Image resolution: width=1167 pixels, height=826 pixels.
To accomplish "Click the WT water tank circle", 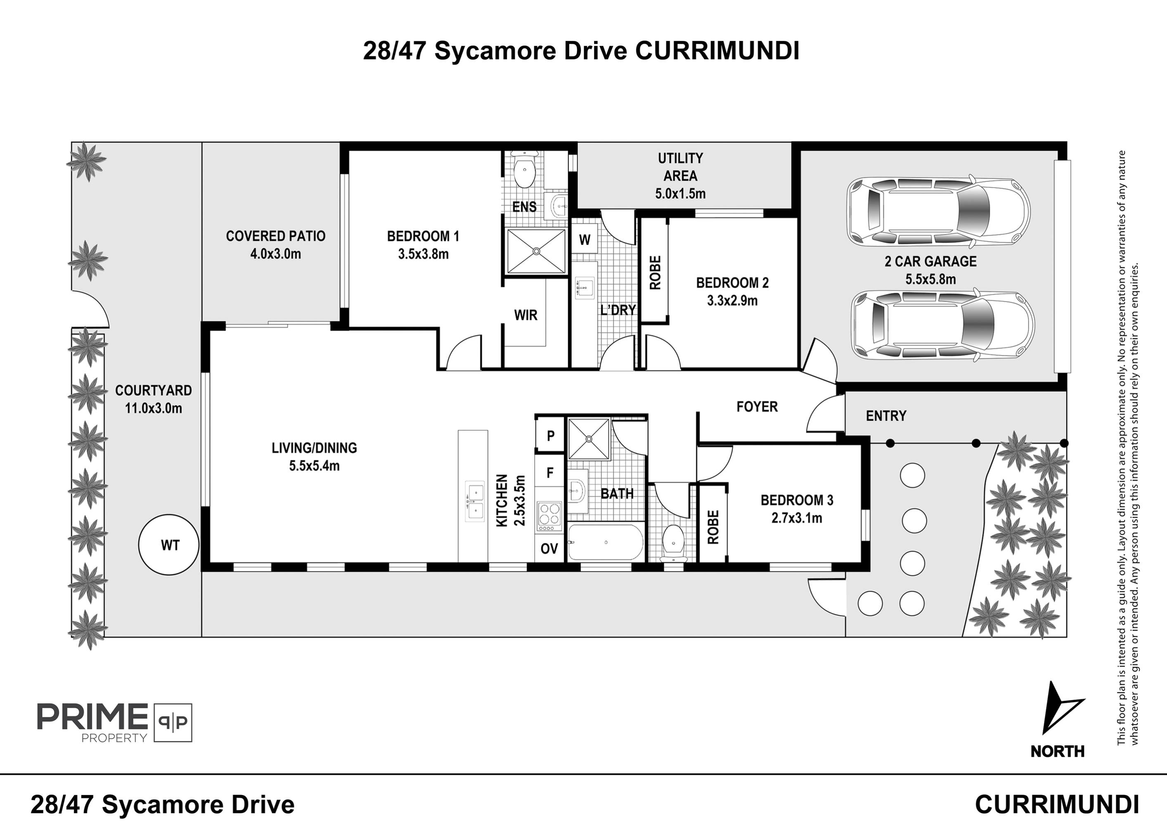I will pyautogui.click(x=169, y=545).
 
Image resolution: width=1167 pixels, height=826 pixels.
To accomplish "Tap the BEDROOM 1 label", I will pyautogui.click(x=423, y=236).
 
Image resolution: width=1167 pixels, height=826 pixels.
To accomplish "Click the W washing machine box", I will pyautogui.click(x=585, y=240).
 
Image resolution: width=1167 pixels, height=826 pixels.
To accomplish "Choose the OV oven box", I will pyautogui.click(x=549, y=549).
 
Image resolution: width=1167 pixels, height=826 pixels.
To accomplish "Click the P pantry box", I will pyautogui.click(x=550, y=436).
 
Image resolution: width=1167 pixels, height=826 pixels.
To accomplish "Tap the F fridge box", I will pyautogui.click(x=550, y=474).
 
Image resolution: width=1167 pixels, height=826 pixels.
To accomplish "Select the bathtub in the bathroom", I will pyautogui.click(x=605, y=543).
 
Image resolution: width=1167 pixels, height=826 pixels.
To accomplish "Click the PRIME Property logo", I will pyautogui.click(x=114, y=722).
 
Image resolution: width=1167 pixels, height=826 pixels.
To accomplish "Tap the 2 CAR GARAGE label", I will pyautogui.click(x=930, y=262).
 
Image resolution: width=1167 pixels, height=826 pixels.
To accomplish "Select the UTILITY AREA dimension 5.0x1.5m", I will pyautogui.click(x=680, y=194).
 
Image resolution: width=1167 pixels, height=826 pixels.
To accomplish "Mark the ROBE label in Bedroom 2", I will pyautogui.click(x=655, y=273).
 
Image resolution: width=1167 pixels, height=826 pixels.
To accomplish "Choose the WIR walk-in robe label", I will pyautogui.click(x=526, y=315).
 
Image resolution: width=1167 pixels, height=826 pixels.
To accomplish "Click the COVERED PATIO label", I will pyautogui.click(x=275, y=236).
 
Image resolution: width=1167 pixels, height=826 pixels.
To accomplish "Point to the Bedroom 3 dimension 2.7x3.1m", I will pyautogui.click(x=796, y=518).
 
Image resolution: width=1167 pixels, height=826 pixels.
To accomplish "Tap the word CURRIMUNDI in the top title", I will pyautogui.click(x=717, y=51).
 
